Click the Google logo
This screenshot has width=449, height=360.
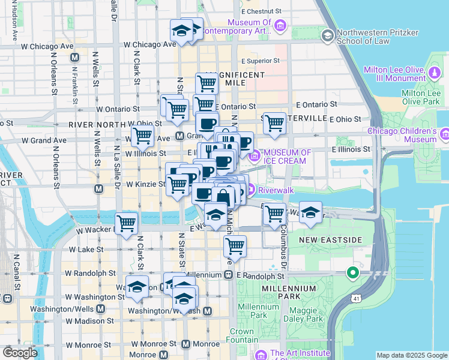[x=19, y=353]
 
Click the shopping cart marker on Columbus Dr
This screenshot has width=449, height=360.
[x=274, y=213]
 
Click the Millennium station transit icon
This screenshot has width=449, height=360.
[x=229, y=274]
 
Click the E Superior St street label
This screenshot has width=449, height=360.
[x=261, y=61]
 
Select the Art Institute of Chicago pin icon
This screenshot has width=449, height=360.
[x=262, y=355]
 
